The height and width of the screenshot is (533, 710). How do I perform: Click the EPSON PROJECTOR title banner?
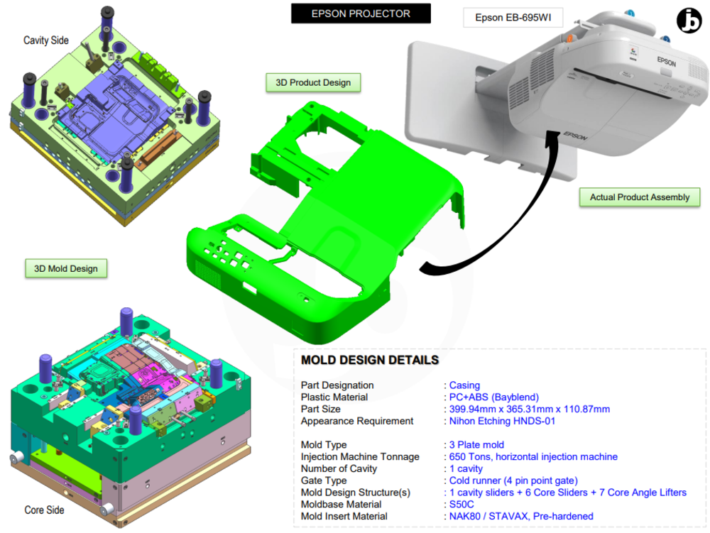[x=361, y=13]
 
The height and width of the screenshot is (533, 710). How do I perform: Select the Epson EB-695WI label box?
[x=513, y=18]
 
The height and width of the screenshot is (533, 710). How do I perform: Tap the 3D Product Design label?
[x=313, y=82]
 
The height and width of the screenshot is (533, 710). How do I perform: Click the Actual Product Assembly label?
[x=639, y=197]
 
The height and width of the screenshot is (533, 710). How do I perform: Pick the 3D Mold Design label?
[x=66, y=268]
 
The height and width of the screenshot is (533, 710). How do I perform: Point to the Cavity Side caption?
[x=46, y=40]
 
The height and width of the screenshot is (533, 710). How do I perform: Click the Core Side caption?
[x=44, y=510]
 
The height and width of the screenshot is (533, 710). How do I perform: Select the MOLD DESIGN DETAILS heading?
[x=369, y=361]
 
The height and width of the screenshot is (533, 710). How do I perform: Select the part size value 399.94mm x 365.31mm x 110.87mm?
[x=529, y=410]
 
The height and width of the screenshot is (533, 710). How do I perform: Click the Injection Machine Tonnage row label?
[x=360, y=457]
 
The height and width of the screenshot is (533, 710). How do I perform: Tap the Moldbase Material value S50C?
[x=462, y=505]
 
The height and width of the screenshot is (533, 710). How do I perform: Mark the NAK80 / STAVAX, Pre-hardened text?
[x=521, y=517]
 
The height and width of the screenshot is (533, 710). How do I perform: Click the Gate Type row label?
[x=324, y=480]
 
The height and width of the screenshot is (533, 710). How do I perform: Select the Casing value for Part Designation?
[x=464, y=385]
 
